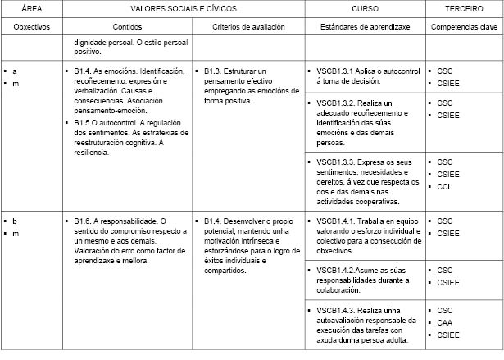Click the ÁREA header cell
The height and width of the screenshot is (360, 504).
point(32,8)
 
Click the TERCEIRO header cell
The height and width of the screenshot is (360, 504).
point(464,8)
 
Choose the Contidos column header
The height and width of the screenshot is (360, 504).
point(130,26)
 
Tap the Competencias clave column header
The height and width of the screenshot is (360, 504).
point(465,26)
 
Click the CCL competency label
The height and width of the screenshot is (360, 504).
point(445,186)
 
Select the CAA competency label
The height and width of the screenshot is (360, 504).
point(445,322)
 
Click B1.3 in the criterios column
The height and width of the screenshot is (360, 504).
point(212,71)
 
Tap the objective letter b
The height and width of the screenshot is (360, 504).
point(15,221)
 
